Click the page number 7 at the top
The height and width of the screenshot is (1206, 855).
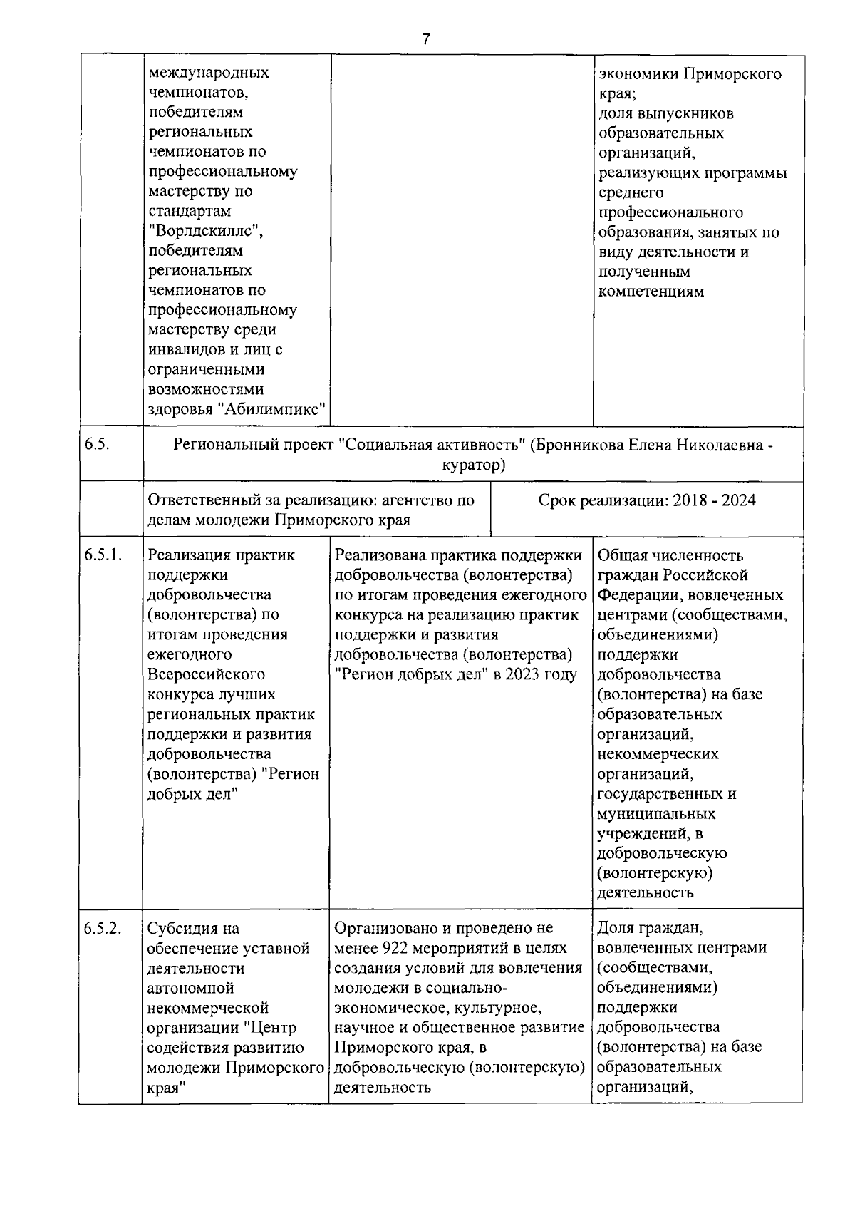[426, 39]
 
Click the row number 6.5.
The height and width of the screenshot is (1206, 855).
[96, 445]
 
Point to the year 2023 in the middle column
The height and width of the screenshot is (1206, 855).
[524, 674]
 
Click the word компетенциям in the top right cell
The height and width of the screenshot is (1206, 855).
[651, 291]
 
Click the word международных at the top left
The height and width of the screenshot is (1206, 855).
[209, 73]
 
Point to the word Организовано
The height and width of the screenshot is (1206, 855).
[383, 928]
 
